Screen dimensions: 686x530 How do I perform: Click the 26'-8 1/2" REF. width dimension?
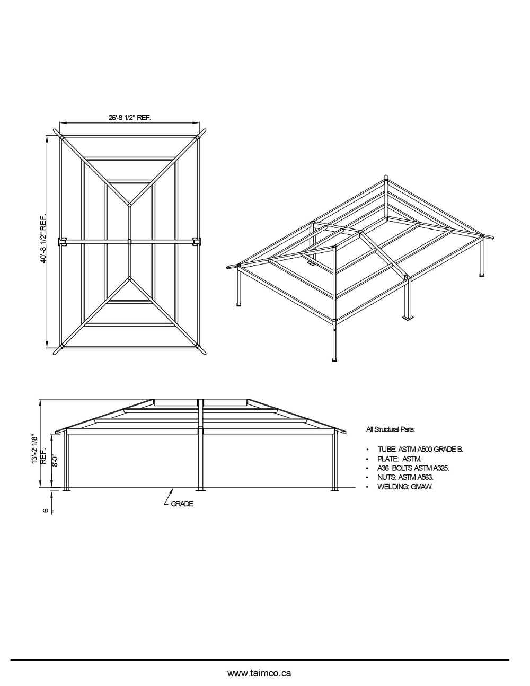click(x=130, y=118)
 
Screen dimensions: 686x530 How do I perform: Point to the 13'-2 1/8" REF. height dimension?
click(x=37, y=450)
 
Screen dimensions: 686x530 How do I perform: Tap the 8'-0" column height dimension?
click(x=55, y=456)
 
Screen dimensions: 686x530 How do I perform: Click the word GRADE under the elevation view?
click(x=182, y=504)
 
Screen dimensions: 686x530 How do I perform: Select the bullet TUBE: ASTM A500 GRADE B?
click(x=420, y=449)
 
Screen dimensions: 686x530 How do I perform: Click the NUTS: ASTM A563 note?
click(x=405, y=477)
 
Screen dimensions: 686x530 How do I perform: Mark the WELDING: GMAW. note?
click(x=405, y=487)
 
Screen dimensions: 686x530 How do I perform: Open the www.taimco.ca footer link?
click(x=259, y=673)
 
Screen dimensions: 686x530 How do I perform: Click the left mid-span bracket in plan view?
click(x=63, y=242)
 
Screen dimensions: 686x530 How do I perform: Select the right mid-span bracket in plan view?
click(x=198, y=242)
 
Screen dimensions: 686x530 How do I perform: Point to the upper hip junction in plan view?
click(x=130, y=204)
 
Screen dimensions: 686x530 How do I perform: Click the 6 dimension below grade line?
click(x=46, y=510)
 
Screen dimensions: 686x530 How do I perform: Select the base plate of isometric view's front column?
click(x=334, y=360)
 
